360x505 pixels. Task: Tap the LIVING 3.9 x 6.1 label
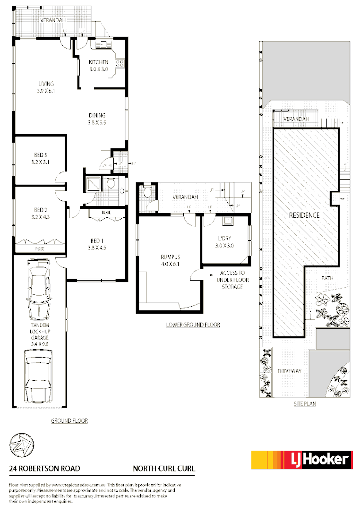[46, 87]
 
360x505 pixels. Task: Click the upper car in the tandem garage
[40, 291]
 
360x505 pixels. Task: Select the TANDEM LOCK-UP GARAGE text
[40, 334]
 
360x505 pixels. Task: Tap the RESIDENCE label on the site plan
[304, 215]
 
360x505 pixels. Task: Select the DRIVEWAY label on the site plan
[290, 371]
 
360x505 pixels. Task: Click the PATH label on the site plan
[327, 278]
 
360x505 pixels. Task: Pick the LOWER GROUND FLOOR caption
[193, 325]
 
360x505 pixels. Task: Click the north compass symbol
[21, 445]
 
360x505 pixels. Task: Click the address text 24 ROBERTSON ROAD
[44, 469]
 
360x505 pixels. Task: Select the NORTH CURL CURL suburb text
[163, 469]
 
